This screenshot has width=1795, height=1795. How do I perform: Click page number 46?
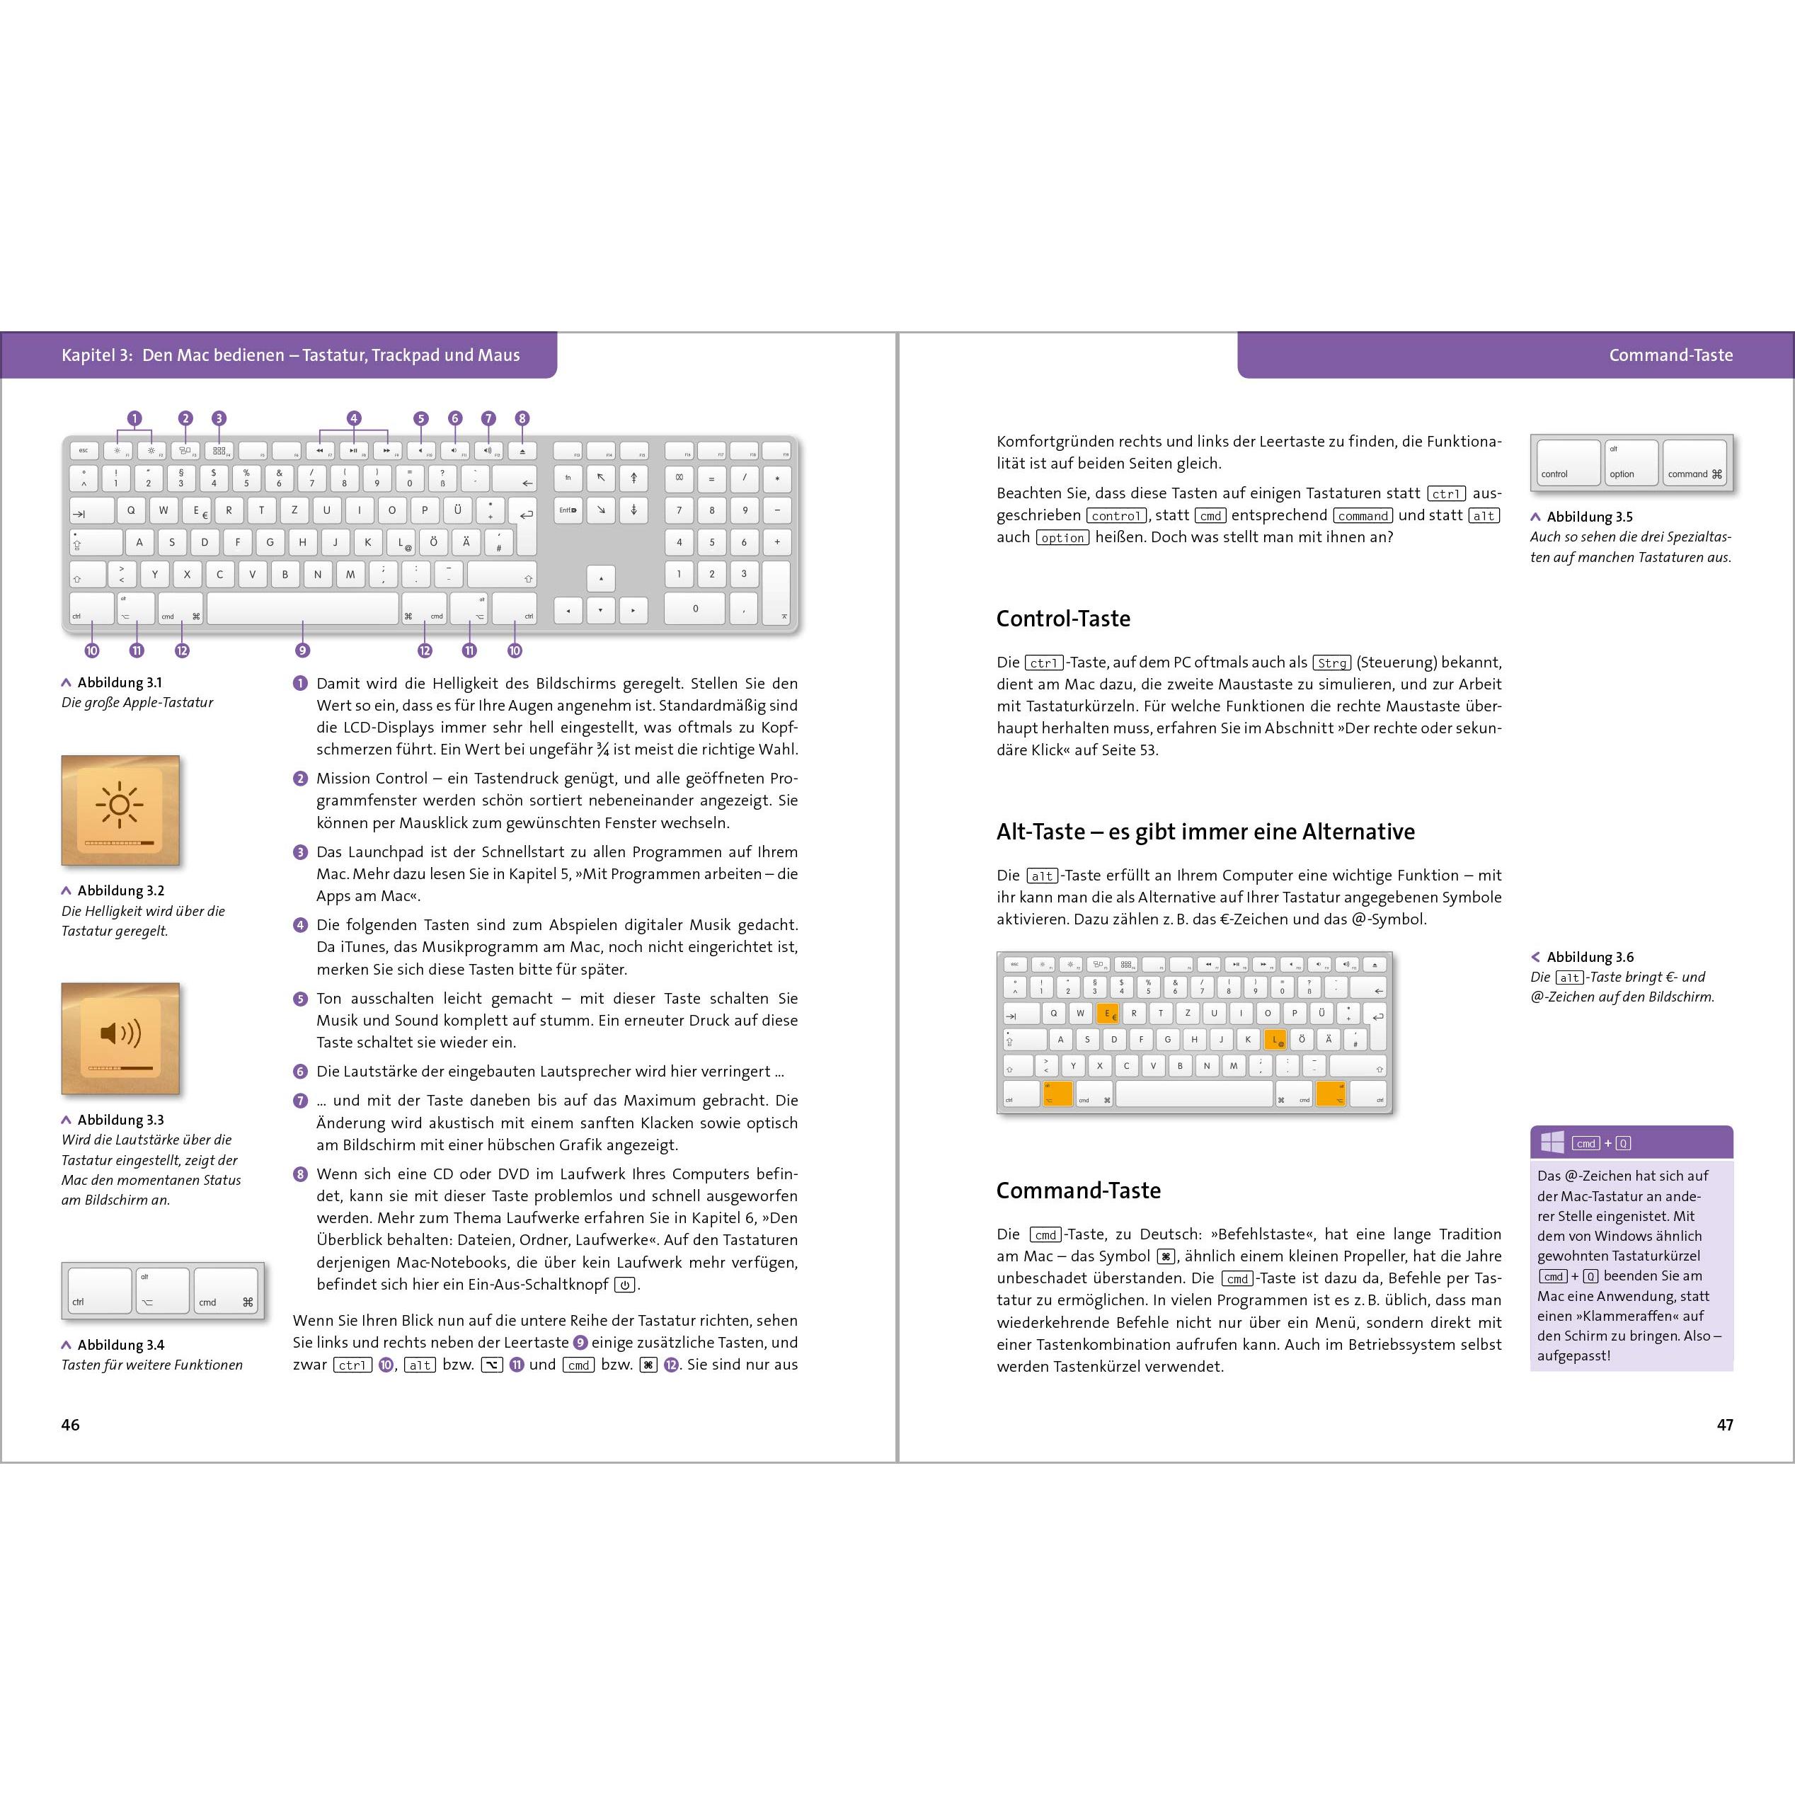pyautogui.click(x=71, y=1424)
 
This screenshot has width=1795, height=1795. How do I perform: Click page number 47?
pyautogui.click(x=1724, y=1424)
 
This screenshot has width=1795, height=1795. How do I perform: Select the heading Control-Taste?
pyautogui.click(x=1063, y=619)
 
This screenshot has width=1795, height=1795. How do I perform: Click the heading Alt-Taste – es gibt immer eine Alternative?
pyautogui.click(x=1205, y=832)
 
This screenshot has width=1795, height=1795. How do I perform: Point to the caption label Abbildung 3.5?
pyautogui.click(x=1589, y=517)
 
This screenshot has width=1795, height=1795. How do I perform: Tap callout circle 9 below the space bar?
pyautogui.click(x=302, y=650)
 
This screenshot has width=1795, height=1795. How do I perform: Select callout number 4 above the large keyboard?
pyautogui.click(x=353, y=418)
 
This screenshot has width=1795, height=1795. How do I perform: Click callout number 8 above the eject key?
pyautogui.click(x=522, y=418)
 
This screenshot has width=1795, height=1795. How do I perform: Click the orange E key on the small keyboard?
pyautogui.click(x=1108, y=1014)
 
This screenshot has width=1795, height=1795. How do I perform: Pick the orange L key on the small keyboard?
pyautogui.click(x=1275, y=1040)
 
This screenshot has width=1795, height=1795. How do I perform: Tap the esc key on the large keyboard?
pyautogui.click(x=84, y=451)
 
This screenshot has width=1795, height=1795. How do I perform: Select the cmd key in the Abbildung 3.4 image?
pyautogui.click(x=226, y=1290)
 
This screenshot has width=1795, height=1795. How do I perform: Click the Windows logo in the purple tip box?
pyautogui.click(x=1552, y=1142)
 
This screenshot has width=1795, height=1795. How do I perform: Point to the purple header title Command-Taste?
pyautogui.click(x=1670, y=355)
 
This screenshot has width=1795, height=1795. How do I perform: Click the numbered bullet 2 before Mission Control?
pyautogui.click(x=300, y=779)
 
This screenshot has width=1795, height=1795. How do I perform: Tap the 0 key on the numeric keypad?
pyautogui.click(x=695, y=609)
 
